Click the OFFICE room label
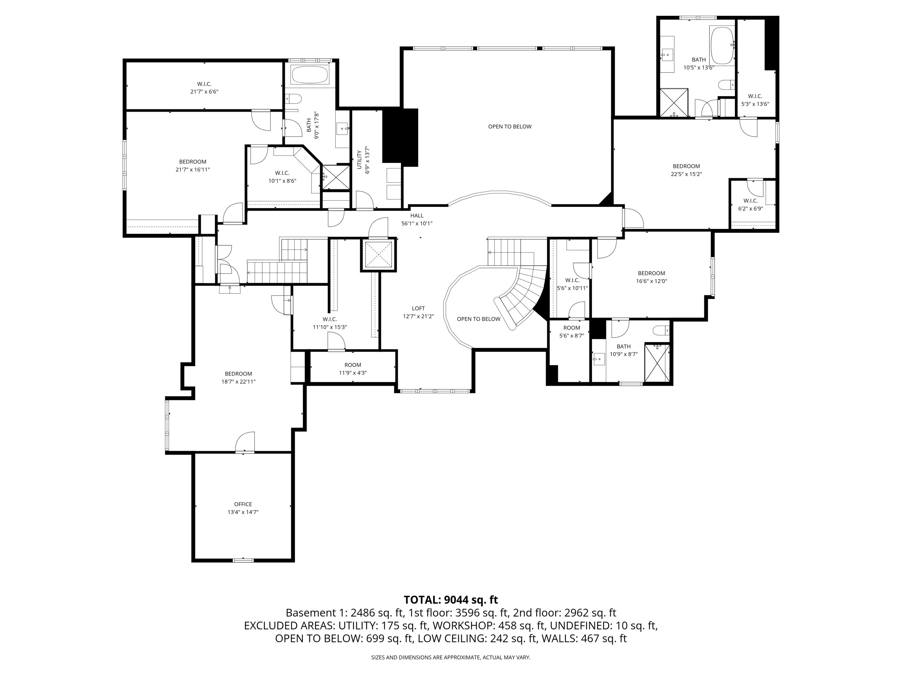point(243,504)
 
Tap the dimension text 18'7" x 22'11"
point(238,382)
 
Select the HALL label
point(417,216)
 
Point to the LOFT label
point(418,308)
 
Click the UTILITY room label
point(359,160)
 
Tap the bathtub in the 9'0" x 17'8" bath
point(310,75)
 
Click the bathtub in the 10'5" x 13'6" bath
point(722,46)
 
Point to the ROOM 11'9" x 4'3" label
point(353,369)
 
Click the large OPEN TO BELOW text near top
point(510,127)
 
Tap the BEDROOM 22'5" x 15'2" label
point(686,170)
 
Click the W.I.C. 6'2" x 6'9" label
point(750,205)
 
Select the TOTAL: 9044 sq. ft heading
point(451,600)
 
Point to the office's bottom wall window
point(243,560)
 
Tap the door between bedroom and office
point(245,443)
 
